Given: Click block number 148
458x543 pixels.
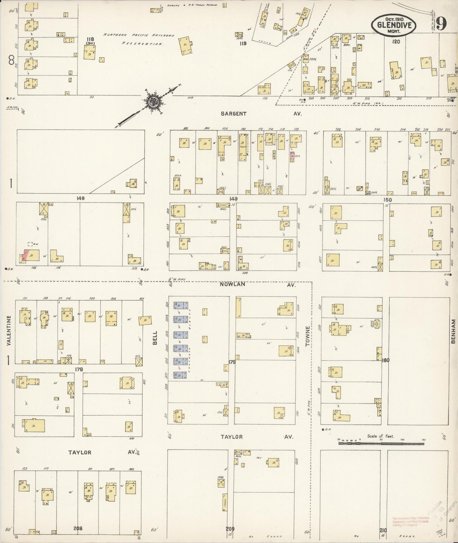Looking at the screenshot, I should [81, 198].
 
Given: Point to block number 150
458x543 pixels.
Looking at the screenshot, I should [387, 200].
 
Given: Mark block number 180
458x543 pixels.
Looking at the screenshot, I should [385, 360].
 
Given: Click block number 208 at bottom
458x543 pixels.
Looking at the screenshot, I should [78, 528].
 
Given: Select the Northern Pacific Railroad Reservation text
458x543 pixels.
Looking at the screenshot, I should [139, 40].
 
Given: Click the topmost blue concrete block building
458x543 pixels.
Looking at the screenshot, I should [181, 305].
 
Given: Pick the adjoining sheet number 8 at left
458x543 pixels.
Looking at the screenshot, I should [12, 59].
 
